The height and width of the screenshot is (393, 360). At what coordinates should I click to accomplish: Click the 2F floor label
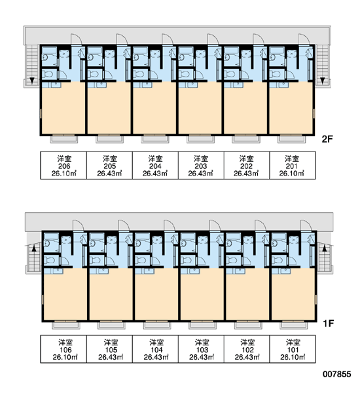327,139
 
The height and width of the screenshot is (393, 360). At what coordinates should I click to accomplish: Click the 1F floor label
328,324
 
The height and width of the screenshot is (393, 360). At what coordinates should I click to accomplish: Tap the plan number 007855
336,374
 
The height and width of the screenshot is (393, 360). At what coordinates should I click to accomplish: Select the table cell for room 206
63,166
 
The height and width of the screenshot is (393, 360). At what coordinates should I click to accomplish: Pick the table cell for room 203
201,166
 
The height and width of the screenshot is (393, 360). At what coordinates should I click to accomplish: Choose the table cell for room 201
293,166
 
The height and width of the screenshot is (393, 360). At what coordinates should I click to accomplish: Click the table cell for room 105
109,349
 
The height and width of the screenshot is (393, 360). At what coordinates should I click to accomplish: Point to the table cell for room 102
247,349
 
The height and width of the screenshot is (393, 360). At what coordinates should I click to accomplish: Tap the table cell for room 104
155,349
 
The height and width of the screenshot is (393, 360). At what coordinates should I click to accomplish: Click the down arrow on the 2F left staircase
32,81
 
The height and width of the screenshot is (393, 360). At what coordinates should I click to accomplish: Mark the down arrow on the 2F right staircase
323,81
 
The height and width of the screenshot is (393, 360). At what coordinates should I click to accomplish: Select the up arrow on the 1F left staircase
34,248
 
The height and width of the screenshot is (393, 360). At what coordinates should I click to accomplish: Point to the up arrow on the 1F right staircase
325,248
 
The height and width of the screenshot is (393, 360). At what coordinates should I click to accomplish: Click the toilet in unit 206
47,74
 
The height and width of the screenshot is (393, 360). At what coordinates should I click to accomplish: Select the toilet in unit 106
49,260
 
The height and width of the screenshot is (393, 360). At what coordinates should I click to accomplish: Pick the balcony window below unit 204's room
154,138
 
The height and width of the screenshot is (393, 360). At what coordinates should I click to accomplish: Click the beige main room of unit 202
245,108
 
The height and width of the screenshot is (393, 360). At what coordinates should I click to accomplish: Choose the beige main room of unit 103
202,294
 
